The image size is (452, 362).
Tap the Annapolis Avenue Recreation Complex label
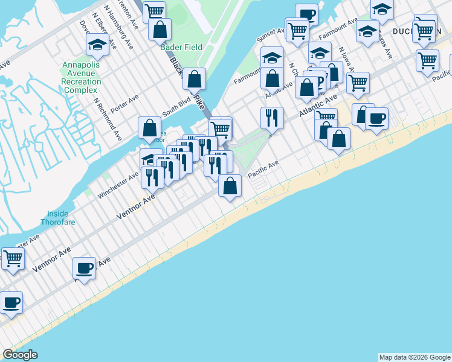point(81,77)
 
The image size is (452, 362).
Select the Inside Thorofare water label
point(59,217)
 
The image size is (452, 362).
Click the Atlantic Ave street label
point(317,106)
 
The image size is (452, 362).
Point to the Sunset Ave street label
point(266,36)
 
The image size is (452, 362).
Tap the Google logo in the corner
point(19,355)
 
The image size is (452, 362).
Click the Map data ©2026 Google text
point(415,357)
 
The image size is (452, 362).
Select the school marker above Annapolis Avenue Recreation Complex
point(97,44)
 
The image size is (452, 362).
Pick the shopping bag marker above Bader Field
point(160,29)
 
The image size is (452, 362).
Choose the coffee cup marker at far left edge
point(10,302)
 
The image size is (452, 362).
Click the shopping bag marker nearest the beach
point(230,186)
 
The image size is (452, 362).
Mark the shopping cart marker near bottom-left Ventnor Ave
point(13,259)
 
